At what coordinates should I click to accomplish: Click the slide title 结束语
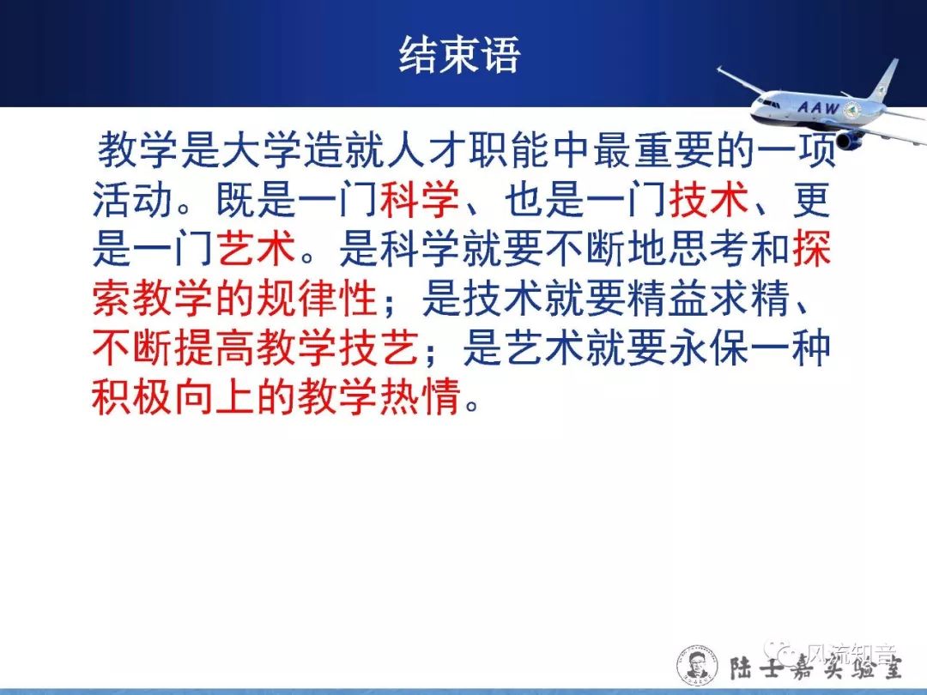pos(459,55)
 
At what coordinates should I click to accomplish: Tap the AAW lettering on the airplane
pos(818,107)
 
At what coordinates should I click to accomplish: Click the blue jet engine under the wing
pos(850,141)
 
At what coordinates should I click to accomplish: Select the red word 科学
pos(420,198)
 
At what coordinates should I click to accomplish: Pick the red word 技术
pos(709,198)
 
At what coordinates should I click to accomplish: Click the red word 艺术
pos(256,247)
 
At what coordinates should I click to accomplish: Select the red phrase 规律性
pos(316,297)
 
